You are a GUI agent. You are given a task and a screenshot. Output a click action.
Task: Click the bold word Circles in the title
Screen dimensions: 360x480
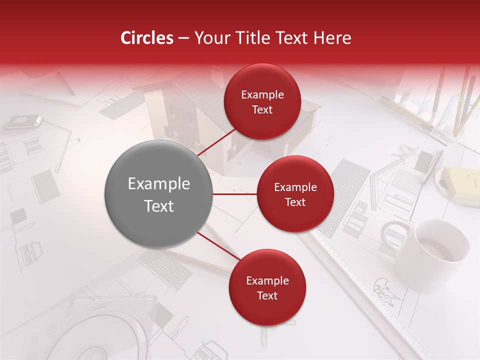tap(146, 38)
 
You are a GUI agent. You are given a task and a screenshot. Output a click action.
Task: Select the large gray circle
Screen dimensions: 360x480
tap(158, 194)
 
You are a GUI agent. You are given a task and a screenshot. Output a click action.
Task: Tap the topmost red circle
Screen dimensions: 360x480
tap(262, 101)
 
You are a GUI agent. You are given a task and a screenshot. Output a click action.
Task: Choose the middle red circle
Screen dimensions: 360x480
tap(295, 194)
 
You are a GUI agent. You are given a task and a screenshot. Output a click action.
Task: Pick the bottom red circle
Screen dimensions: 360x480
tap(267, 287)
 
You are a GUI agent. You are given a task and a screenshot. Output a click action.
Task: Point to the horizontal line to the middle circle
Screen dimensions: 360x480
tap(234, 194)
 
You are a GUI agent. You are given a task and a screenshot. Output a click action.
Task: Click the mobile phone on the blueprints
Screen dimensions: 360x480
tap(24, 121)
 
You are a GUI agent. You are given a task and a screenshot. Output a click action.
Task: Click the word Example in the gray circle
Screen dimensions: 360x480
tap(158, 184)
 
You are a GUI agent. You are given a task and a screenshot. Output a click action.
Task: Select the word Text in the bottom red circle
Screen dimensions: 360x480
tap(267, 295)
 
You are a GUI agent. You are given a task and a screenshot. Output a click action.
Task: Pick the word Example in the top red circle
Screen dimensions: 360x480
tap(262, 94)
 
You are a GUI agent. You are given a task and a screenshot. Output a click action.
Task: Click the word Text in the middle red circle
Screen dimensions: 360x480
tap(295, 202)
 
